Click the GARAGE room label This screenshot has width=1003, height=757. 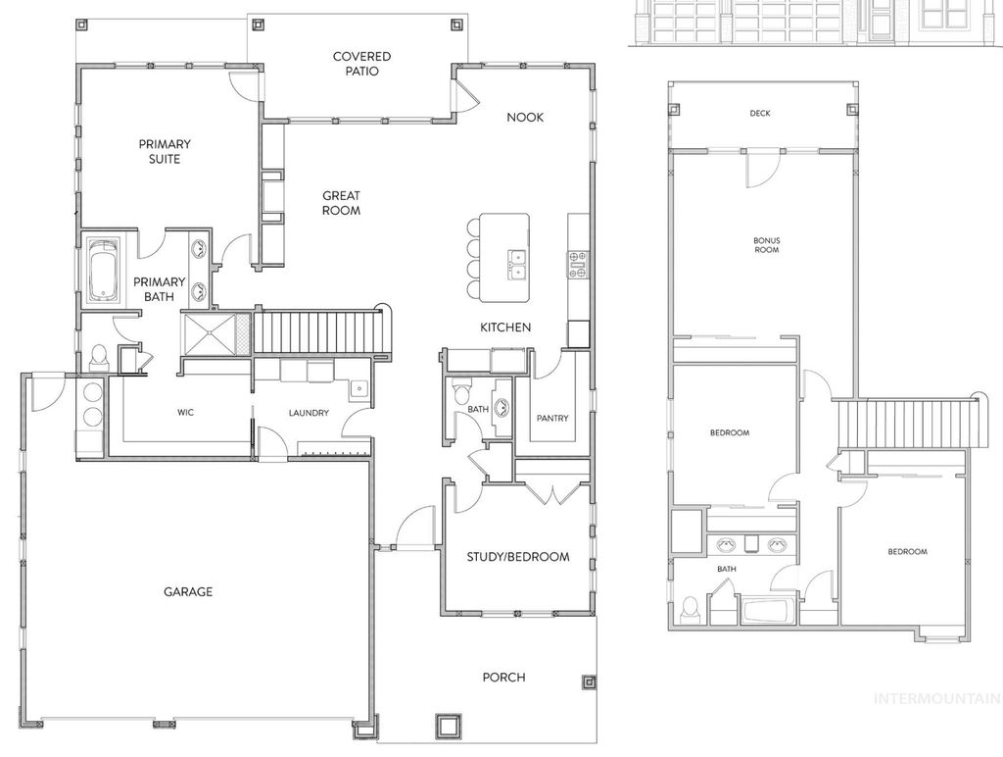pyautogui.click(x=187, y=591)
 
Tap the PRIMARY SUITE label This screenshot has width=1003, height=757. pyautogui.click(x=165, y=151)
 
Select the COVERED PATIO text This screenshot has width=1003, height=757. pyautogui.click(x=361, y=64)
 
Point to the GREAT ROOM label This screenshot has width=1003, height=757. pyautogui.click(x=341, y=203)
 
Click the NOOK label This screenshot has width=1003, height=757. pyautogui.click(x=524, y=117)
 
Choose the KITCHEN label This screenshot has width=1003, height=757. pyautogui.click(x=504, y=327)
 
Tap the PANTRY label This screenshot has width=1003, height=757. pyautogui.click(x=552, y=418)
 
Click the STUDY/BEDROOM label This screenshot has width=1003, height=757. pyautogui.click(x=517, y=557)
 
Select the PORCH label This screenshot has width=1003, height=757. pyautogui.click(x=503, y=677)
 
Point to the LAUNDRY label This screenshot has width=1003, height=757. pyautogui.click(x=308, y=413)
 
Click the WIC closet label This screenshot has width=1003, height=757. pyautogui.click(x=185, y=413)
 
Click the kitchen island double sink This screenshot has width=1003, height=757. pyautogui.click(x=515, y=259)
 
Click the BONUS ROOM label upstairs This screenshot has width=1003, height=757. pyautogui.click(x=766, y=245)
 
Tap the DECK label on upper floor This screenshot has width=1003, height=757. pyautogui.click(x=760, y=114)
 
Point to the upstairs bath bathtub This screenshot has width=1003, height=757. pyautogui.click(x=770, y=611)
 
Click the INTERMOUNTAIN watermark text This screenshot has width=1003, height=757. pyautogui.click(x=936, y=698)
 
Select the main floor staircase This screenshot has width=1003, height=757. pyautogui.click(x=317, y=330)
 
